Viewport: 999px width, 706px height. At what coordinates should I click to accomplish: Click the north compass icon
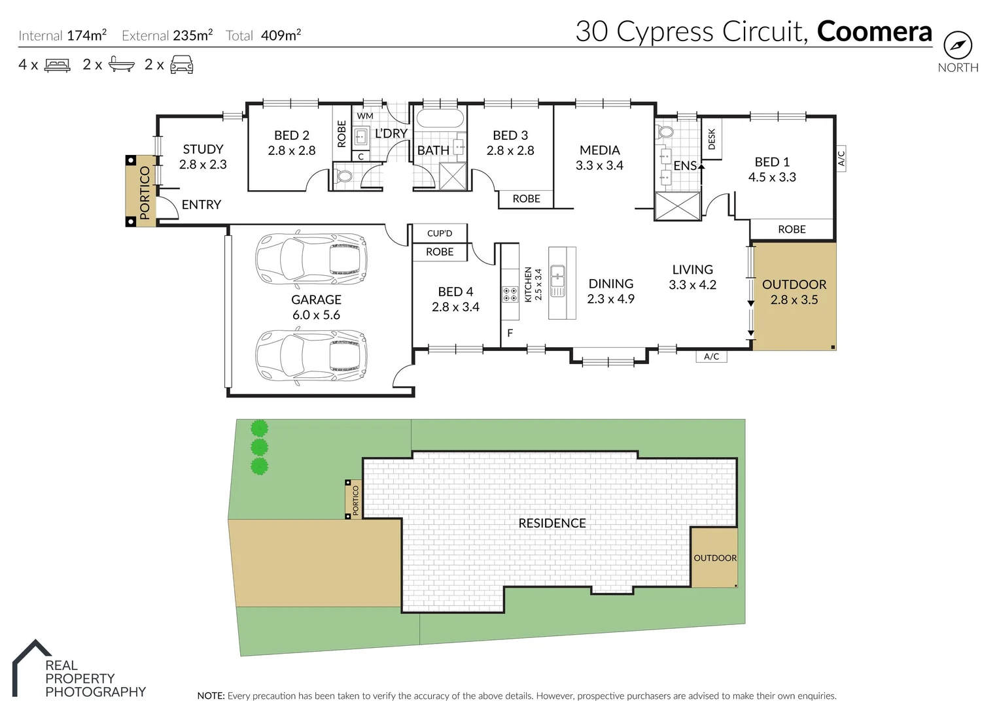(957, 46)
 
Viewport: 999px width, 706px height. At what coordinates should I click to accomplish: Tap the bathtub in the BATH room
(440, 119)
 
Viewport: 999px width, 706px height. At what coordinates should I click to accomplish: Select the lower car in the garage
(311, 356)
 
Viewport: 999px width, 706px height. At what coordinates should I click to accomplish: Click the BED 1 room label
(772, 169)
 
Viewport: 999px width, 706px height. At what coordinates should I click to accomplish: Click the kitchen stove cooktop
(510, 294)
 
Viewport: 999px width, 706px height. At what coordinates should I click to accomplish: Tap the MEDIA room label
(599, 158)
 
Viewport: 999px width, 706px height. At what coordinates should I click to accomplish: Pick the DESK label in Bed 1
(712, 139)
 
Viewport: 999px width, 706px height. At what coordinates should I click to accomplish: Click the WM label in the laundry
(365, 116)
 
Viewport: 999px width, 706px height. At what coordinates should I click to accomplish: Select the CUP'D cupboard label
(440, 233)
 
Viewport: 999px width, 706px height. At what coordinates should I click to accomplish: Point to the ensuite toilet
(666, 132)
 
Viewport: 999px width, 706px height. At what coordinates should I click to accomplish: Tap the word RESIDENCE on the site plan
(552, 523)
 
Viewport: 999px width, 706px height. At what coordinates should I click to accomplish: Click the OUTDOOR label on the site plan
(714, 558)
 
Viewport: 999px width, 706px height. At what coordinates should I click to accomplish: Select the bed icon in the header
(57, 65)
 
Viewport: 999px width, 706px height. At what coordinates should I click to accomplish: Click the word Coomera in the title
(874, 31)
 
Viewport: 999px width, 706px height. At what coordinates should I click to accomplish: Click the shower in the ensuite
(678, 206)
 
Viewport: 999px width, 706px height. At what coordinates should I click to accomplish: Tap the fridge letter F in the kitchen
(510, 333)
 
